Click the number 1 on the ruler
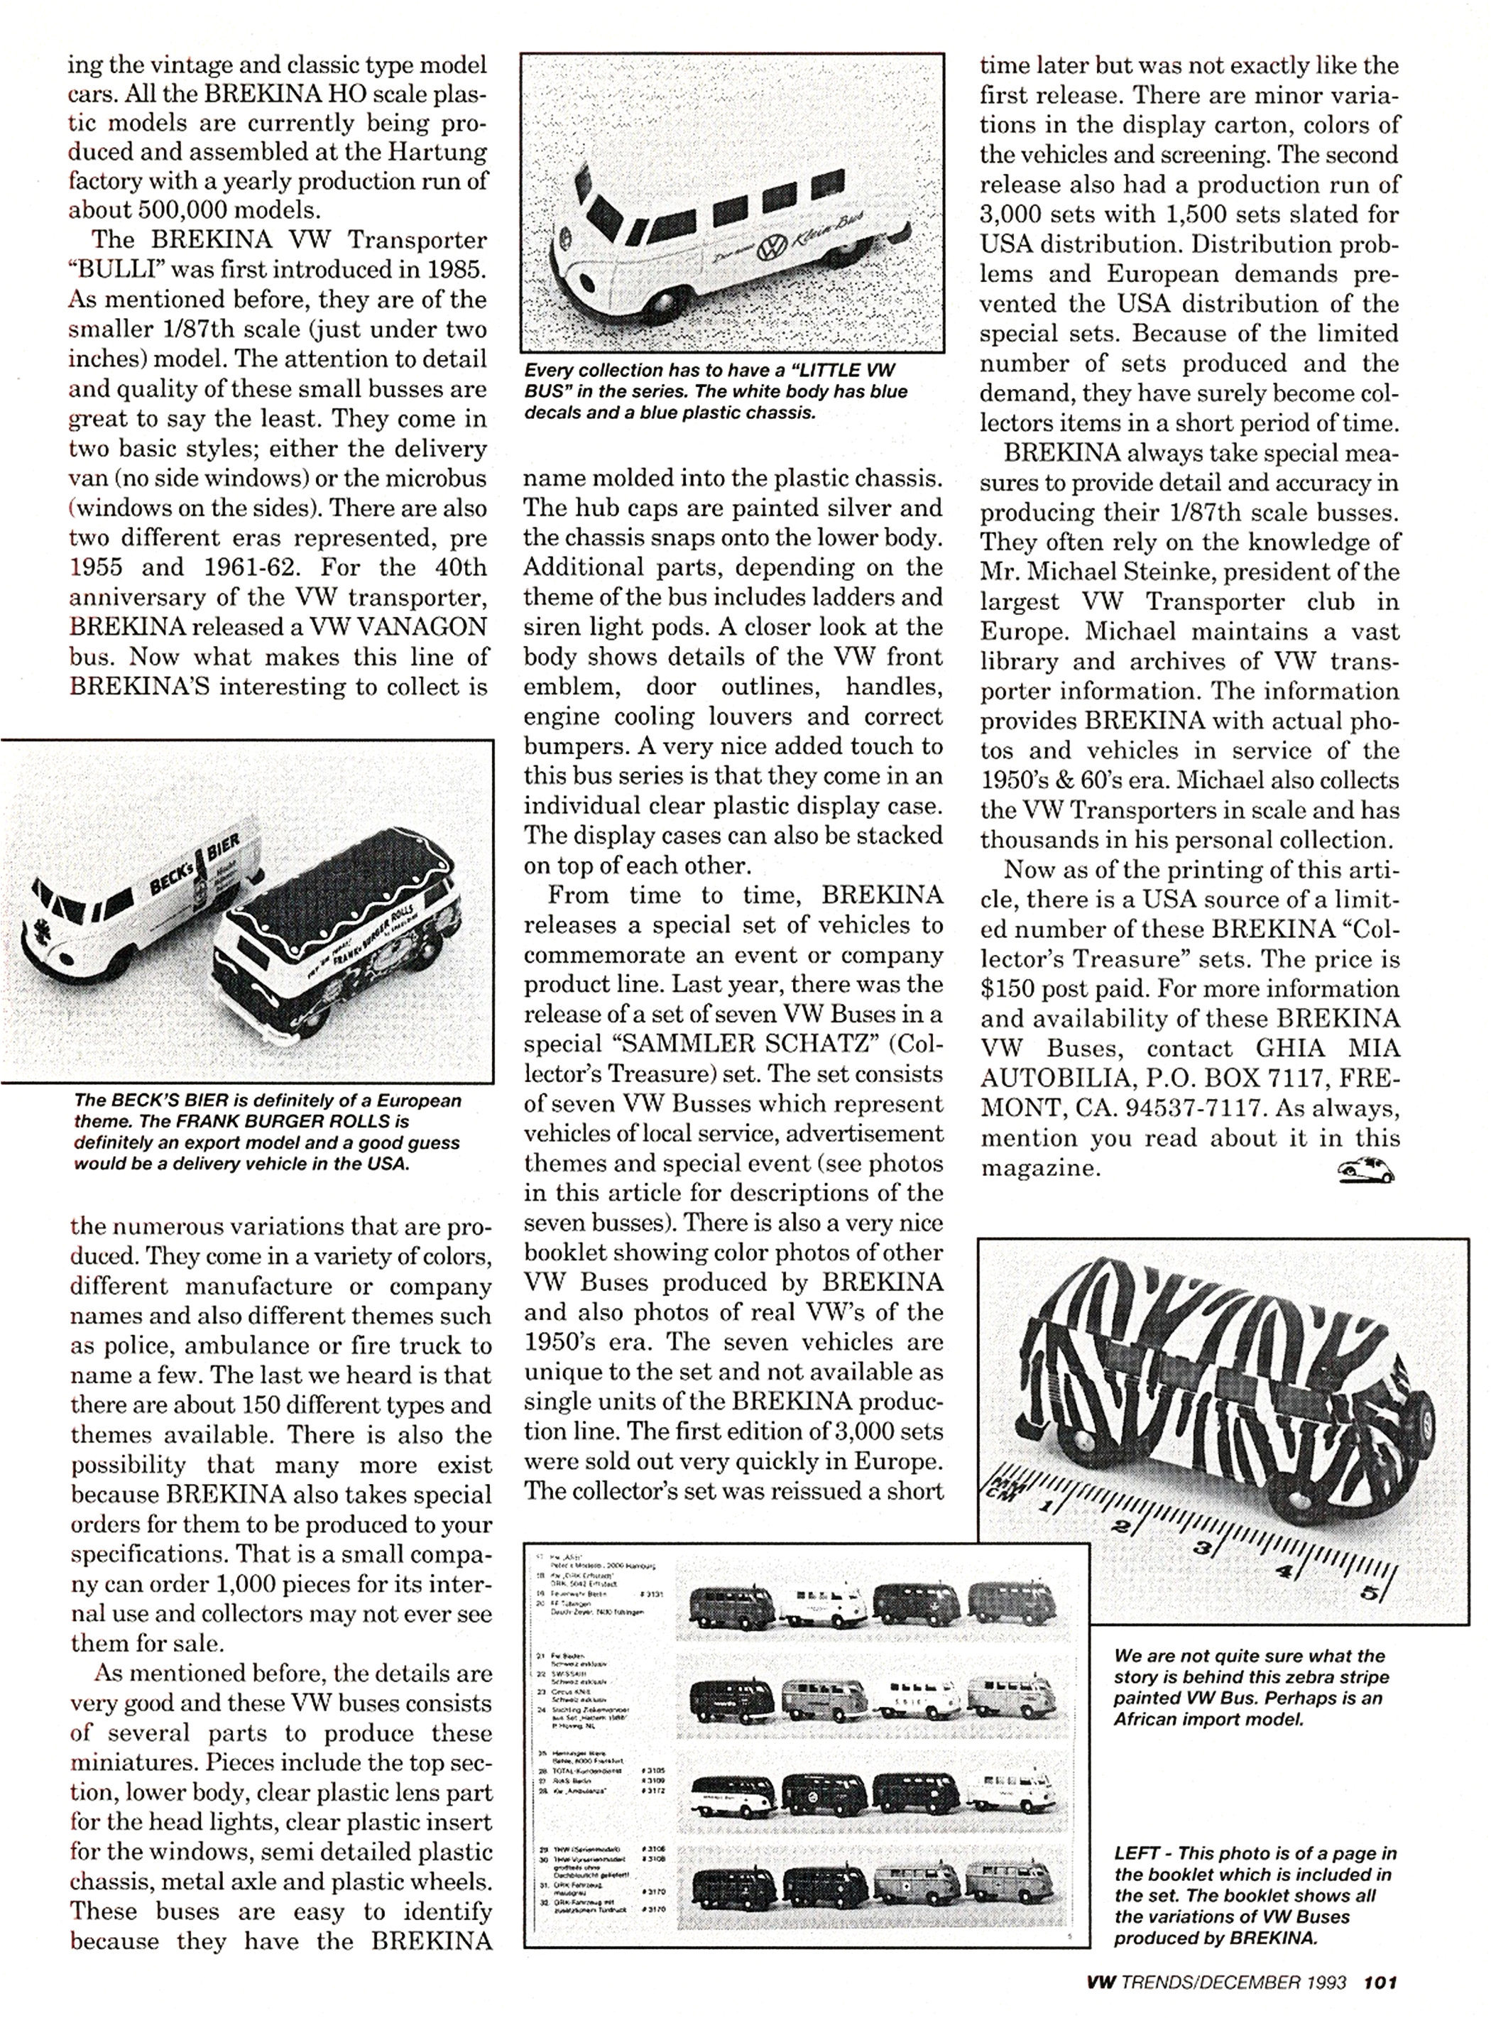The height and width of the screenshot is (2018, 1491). [1049, 1506]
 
